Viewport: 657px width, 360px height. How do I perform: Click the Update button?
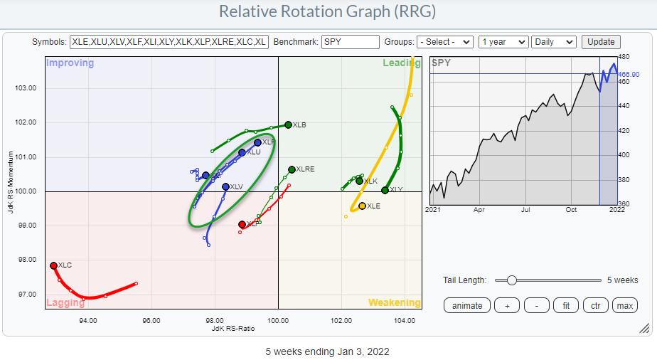601,42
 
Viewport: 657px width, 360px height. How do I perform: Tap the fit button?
566,305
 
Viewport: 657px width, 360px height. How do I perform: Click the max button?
624,305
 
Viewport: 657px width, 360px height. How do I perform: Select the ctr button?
595,305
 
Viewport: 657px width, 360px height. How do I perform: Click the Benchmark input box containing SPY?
350,42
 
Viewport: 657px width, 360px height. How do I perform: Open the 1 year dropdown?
503,42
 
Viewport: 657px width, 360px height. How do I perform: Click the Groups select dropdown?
445,42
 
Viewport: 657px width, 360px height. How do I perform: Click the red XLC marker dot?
53,265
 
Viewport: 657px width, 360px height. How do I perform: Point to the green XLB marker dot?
288,125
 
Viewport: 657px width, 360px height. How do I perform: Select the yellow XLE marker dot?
362,206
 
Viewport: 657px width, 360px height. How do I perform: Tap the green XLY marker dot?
385,190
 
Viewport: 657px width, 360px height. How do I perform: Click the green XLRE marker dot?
292,169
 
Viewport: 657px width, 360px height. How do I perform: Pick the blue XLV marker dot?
225,187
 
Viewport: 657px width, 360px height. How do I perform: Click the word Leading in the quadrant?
402,63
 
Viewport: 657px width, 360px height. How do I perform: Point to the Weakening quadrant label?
394,302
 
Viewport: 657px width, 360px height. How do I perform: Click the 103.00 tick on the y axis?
26,88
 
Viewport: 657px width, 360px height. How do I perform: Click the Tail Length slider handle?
511,280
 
